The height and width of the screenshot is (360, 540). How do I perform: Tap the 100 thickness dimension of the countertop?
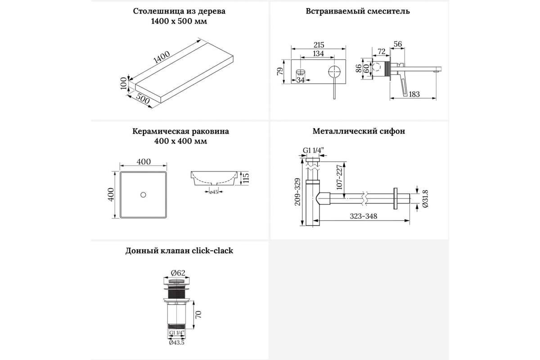click(x=124, y=83)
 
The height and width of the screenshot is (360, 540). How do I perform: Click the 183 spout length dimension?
click(x=414, y=94)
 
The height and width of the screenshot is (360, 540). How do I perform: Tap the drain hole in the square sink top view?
click(x=143, y=195)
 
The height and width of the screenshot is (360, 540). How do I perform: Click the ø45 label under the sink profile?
click(x=213, y=192)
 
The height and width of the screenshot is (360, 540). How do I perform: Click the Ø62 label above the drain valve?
click(x=178, y=272)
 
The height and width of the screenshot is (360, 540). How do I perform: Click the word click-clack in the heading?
click(x=211, y=251)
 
